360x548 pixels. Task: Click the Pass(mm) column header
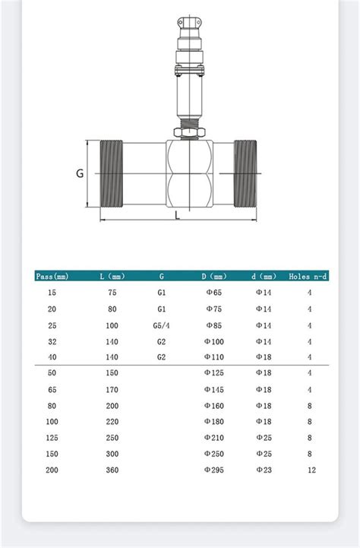pos(52,276)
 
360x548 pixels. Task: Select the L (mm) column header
pos(112,276)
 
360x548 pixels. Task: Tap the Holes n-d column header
pos(308,276)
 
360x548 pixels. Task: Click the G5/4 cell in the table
pos(162,325)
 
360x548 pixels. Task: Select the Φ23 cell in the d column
pos(263,471)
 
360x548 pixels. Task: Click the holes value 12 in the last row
pos(310,471)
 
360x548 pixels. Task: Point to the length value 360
pos(112,471)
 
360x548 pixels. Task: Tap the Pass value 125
pos(52,438)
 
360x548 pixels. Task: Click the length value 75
pos(112,293)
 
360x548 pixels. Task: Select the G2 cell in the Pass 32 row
pos(162,342)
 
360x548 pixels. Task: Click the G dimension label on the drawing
pos(80,173)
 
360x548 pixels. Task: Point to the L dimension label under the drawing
pos(177,216)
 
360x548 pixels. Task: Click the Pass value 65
pos(52,389)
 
